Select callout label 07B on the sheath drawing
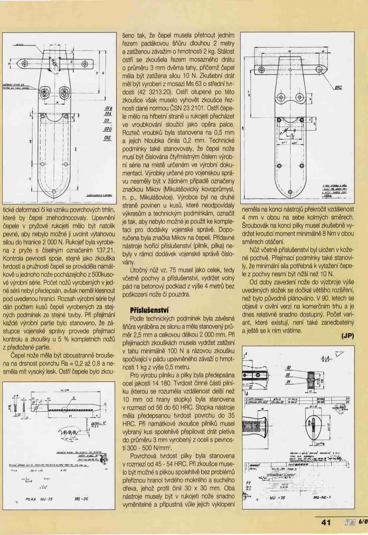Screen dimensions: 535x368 click(108, 108)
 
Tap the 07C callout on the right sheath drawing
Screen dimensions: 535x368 click(342, 88)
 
